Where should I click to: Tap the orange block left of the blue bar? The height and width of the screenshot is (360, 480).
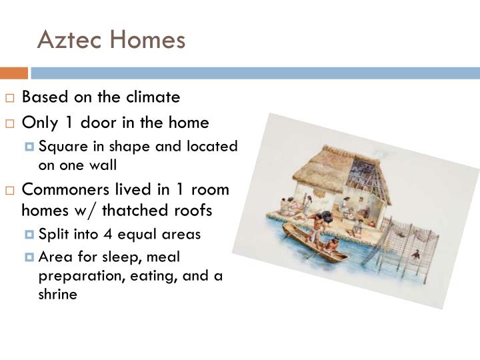click(x=13, y=73)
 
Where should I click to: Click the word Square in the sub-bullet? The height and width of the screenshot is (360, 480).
click(x=61, y=146)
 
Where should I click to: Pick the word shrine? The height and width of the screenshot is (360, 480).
click(x=58, y=293)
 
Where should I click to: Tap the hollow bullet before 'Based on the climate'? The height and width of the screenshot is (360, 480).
click(x=11, y=98)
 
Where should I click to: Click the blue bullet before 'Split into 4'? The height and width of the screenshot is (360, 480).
click(x=29, y=235)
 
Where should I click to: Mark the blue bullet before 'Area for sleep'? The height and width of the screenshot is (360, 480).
click(x=29, y=257)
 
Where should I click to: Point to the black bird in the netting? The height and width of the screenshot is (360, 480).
click(x=415, y=253)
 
